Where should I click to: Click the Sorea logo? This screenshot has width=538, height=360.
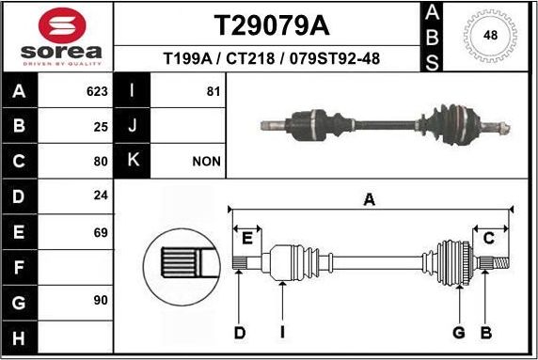pyautogui.click(x=57, y=37)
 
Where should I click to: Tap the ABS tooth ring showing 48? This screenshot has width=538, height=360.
pyautogui.click(x=489, y=36)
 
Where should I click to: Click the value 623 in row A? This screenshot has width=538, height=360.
pyautogui.click(x=97, y=93)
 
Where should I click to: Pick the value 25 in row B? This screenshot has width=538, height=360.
pyautogui.click(x=102, y=126)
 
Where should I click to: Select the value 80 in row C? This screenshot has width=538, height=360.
pyautogui.click(x=102, y=161)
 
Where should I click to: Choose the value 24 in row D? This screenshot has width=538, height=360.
pyautogui.click(x=102, y=196)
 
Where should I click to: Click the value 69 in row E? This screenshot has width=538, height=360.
pyautogui.click(x=102, y=230)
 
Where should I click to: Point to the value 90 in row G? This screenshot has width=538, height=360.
pyautogui.click(x=102, y=300)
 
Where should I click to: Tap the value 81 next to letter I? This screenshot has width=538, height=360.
pyautogui.click(x=212, y=93)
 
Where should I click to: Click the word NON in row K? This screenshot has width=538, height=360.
pyautogui.click(x=206, y=161)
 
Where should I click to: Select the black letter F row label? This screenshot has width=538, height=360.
pyautogui.click(x=20, y=266)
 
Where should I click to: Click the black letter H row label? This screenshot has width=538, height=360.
pyautogui.click(x=20, y=336)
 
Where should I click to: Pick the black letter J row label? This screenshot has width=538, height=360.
pyautogui.click(x=133, y=126)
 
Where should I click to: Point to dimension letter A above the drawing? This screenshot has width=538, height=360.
pyautogui.click(x=370, y=198)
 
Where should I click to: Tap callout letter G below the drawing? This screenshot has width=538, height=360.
pyautogui.click(x=459, y=332)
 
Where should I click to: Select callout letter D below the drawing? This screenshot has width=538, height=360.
pyautogui.click(x=240, y=332)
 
